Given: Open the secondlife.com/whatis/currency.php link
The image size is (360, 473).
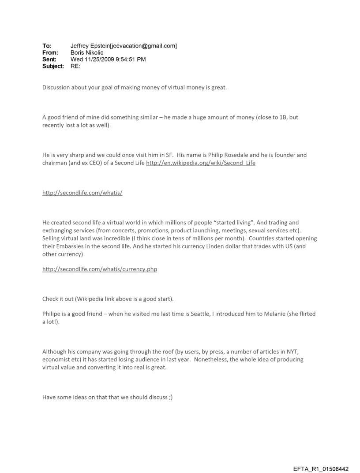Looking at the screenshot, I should click(100, 269).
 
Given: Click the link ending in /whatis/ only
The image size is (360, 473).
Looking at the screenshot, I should click(82, 193).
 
